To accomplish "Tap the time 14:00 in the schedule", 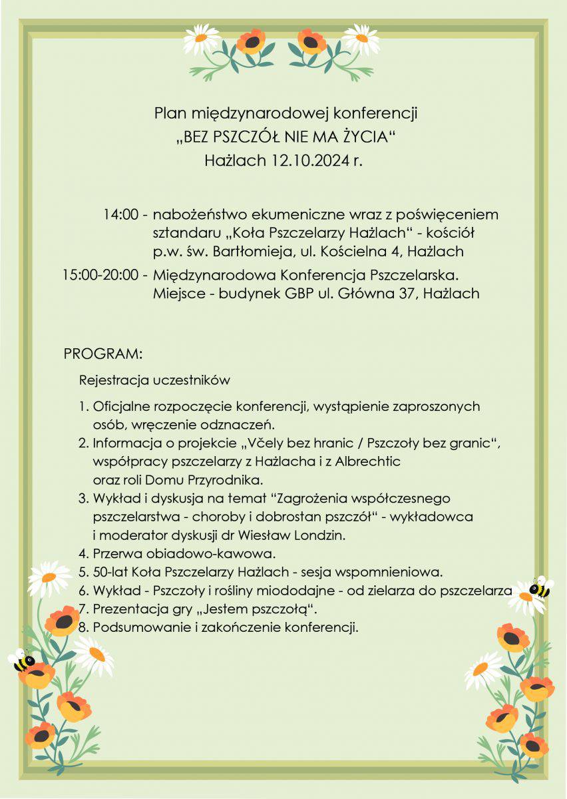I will point(121,215).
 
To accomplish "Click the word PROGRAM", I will point(103,353).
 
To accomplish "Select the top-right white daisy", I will point(362,40).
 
